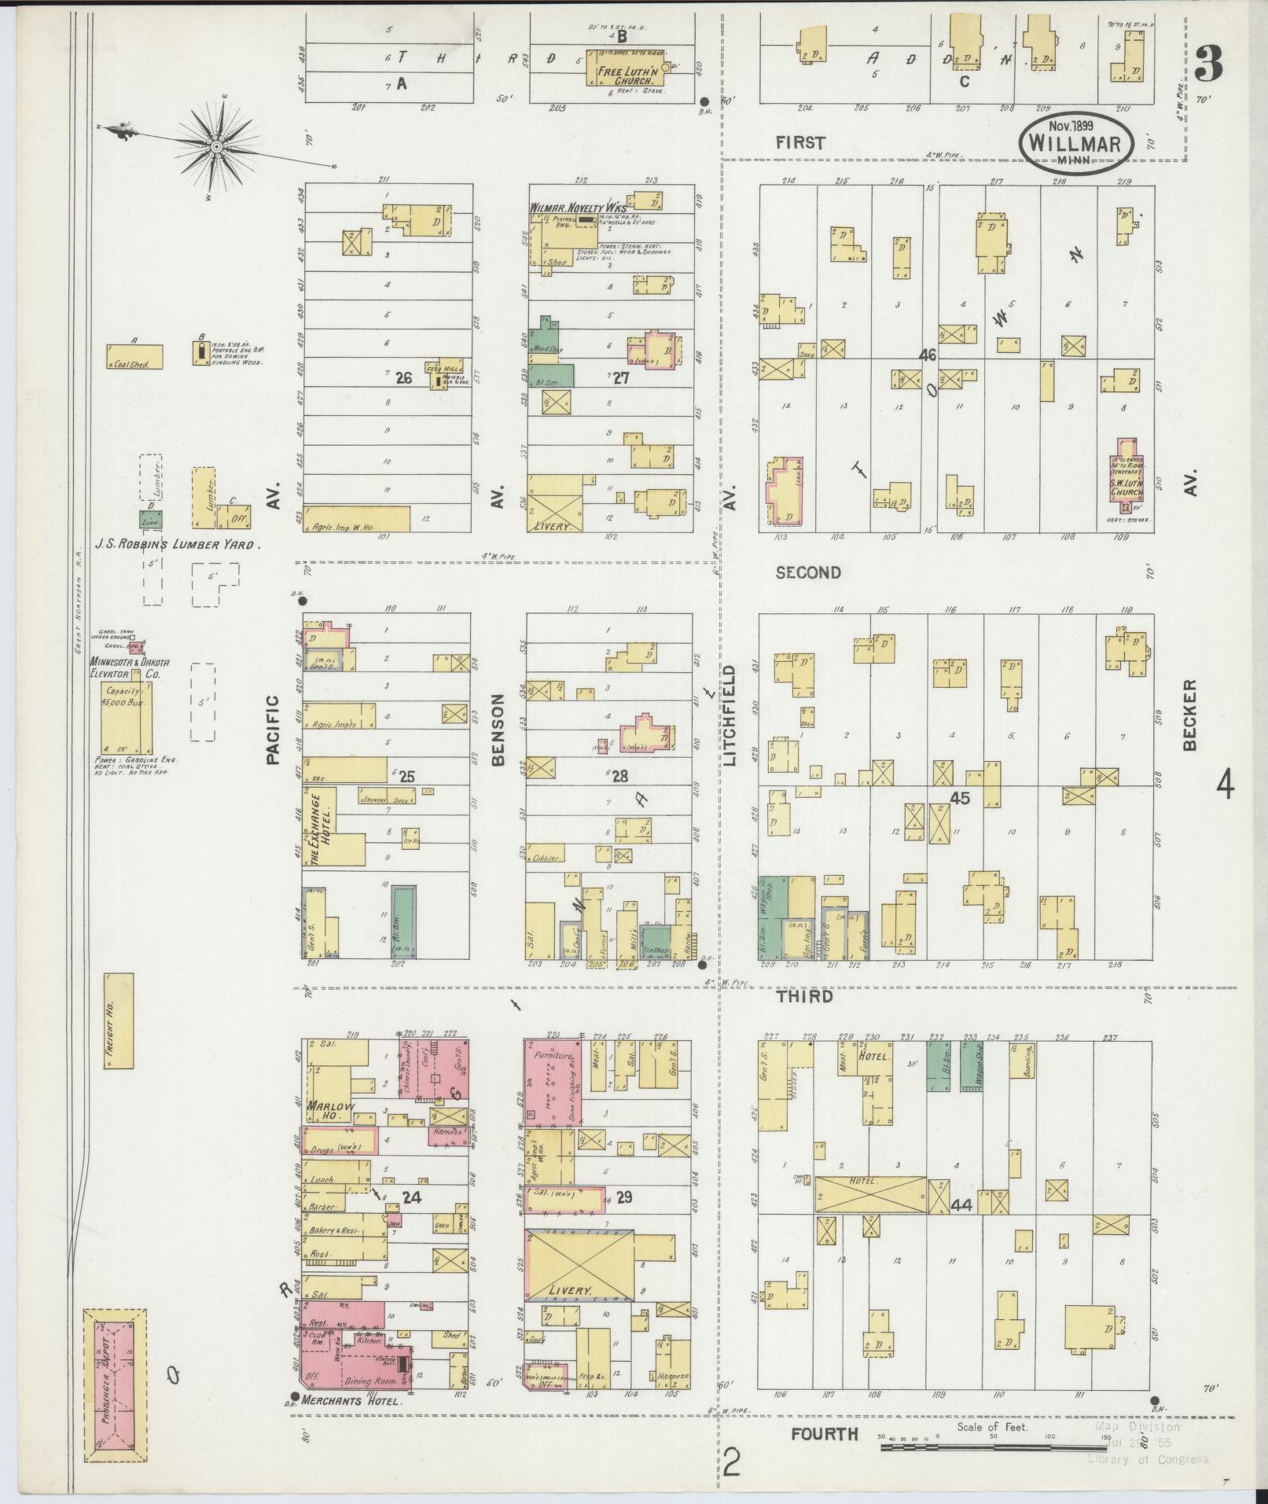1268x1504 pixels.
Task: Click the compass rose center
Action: coord(216,147)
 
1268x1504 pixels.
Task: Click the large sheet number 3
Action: coord(1208,64)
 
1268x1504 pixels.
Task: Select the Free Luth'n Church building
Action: coord(623,76)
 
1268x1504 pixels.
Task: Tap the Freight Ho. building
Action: coord(118,1020)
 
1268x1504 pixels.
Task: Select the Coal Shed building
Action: coord(135,357)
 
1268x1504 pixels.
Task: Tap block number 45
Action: coord(960,797)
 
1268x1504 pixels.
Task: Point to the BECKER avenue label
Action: coord(1188,715)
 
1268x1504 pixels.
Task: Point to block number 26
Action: coord(403,378)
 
